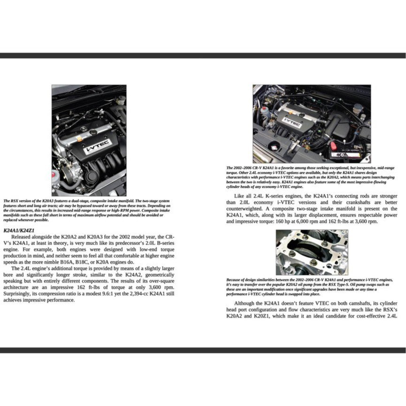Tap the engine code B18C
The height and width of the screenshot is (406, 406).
pos(83,262)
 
